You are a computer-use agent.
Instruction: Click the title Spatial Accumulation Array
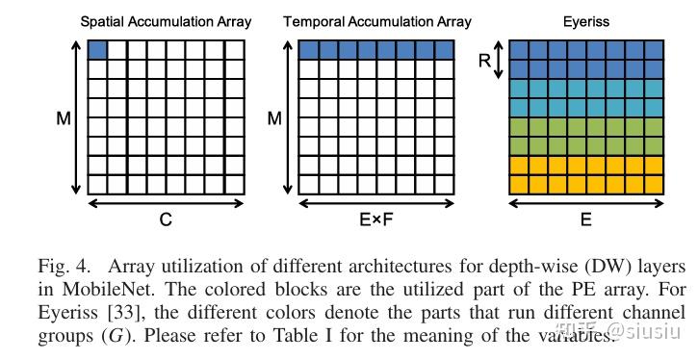tap(165, 20)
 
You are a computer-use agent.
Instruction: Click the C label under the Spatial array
tap(166, 220)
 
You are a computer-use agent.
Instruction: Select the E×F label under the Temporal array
tap(375, 220)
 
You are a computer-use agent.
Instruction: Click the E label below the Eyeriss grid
tap(585, 220)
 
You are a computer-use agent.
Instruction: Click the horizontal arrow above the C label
tap(166, 202)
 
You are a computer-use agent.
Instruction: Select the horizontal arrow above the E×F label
tap(375, 202)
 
